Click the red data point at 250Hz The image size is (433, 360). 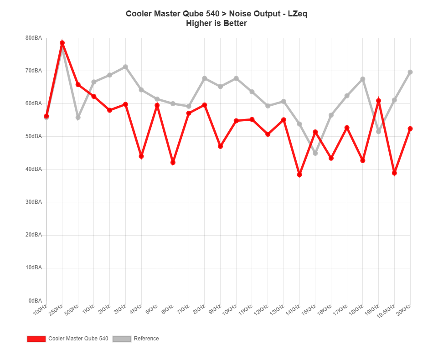pos(62,43)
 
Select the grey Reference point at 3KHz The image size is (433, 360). pos(125,67)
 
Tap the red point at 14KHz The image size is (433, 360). pos(299,175)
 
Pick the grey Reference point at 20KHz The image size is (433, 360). pos(410,72)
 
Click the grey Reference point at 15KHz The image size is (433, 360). pos(315,153)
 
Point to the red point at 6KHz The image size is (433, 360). pos(173,162)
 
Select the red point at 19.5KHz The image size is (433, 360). pos(394,173)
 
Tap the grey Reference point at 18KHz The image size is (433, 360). pos(363,79)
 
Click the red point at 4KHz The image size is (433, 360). pos(141,156)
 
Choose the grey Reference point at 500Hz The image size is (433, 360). pos(78,118)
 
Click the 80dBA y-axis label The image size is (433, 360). pos(34,38)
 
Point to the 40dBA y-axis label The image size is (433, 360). pos(34,169)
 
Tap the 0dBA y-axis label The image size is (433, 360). pos(35,300)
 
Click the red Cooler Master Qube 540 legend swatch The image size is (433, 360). pos(36,339)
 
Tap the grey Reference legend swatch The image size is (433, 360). pos(122,339)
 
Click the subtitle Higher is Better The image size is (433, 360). pos(216,23)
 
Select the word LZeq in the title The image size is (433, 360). pos(297,14)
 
